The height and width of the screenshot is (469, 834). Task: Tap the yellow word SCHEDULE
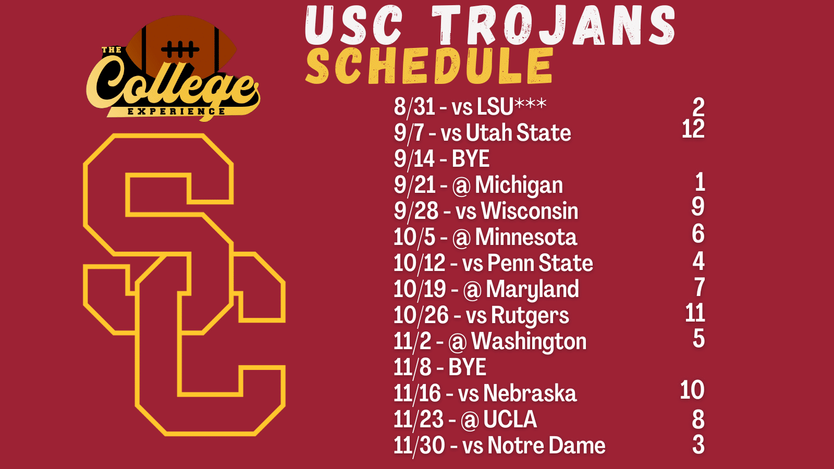(430, 66)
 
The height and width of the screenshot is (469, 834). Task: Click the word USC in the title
(354, 24)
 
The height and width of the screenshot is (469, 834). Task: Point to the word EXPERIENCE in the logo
(176, 112)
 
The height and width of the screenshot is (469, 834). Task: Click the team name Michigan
(519, 185)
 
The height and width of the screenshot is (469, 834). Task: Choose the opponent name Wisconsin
(530, 211)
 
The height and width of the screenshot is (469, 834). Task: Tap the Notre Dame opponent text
(547, 445)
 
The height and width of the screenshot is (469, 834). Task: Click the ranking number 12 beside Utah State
(693, 129)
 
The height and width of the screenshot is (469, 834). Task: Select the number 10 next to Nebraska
(692, 390)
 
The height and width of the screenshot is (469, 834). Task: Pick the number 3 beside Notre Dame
(698, 445)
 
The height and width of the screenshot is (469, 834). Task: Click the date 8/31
(414, 107)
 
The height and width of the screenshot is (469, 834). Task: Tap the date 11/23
(419, 419)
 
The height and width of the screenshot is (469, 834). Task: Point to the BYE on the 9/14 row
(470, 159)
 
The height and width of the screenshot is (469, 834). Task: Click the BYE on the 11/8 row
(467, 367)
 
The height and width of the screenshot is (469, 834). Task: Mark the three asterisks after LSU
(531, 103)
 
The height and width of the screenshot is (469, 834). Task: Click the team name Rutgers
(530, 315)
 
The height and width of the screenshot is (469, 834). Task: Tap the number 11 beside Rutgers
(695, 312)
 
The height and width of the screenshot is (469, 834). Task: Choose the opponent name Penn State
(540, 263)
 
